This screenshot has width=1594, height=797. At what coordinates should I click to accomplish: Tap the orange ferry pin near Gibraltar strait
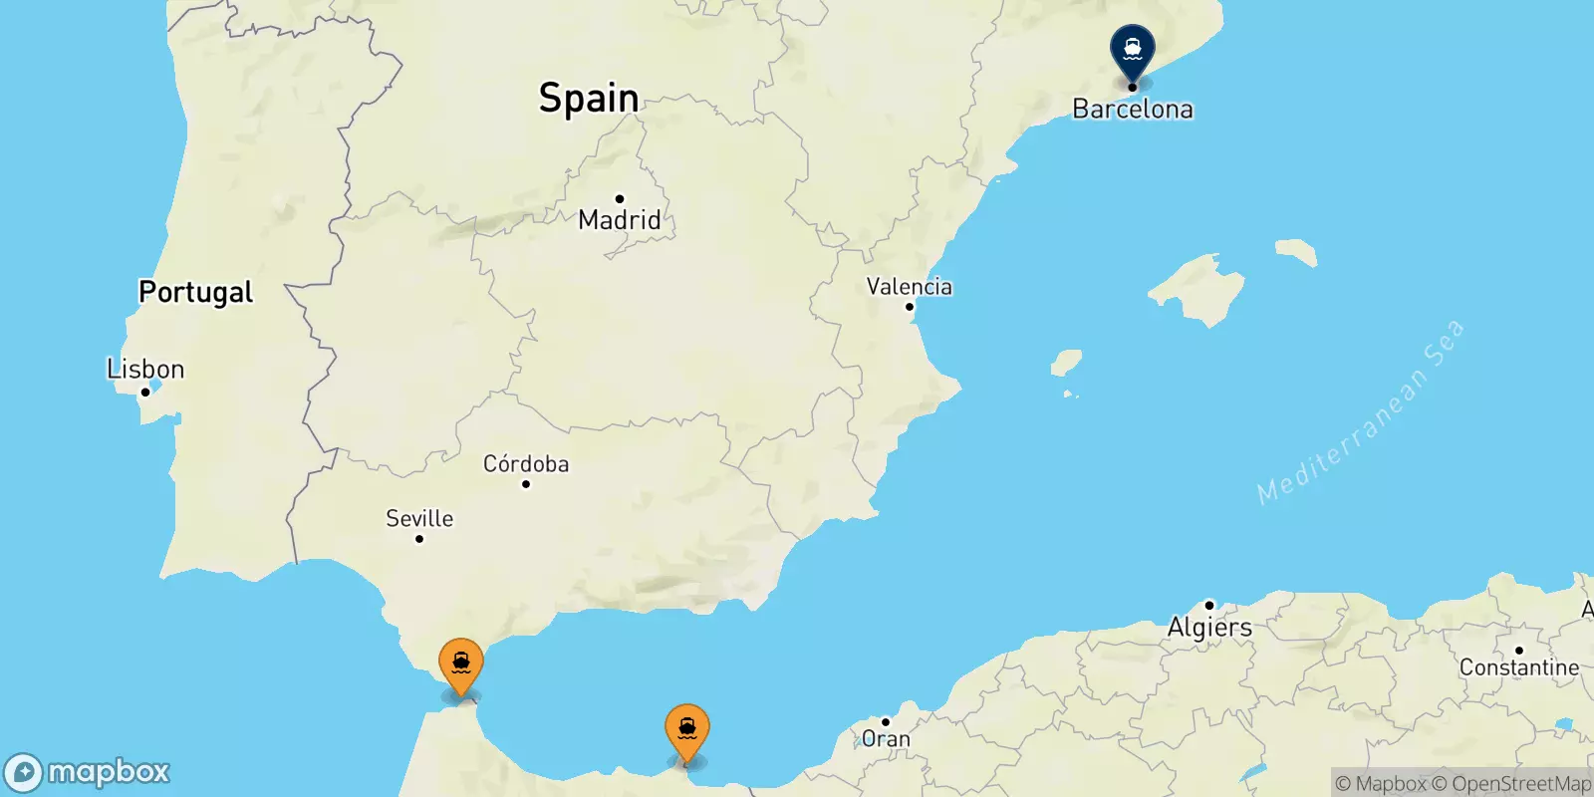click(x=461, y=664)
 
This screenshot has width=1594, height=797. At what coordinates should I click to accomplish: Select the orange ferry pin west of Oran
click(x=687, y=731)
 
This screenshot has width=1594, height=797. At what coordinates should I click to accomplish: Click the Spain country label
click(x=589, y=98)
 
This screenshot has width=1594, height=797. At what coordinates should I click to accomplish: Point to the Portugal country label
click(x=195, y=292)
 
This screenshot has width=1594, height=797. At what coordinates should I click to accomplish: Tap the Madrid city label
click(x=620, y=220)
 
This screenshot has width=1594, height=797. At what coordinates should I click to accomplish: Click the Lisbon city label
click(x=145, y=370)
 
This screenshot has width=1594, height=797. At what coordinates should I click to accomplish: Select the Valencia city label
click(x=909, y=287)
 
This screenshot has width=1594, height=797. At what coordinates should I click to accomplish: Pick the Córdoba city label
click(x=526, y=464)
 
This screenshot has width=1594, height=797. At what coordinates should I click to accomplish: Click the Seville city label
click(x=419, y=519)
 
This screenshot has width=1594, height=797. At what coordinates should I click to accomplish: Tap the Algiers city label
click(x=1209, y=628)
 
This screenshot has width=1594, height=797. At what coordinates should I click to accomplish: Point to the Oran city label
click(x=886, y=739)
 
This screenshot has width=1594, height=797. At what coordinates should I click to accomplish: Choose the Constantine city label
click(x=1519, y=667)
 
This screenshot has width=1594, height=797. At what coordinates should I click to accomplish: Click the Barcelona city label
click(x=1133, y=110)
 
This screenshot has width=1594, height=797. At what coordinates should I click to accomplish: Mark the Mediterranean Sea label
click(x=1361, y=411)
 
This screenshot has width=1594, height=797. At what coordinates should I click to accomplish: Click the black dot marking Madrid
click(x=620, y=198)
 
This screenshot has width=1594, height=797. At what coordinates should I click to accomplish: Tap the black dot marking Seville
click(x=419, y=539)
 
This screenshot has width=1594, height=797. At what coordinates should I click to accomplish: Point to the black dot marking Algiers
click(x=1209, y=605)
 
